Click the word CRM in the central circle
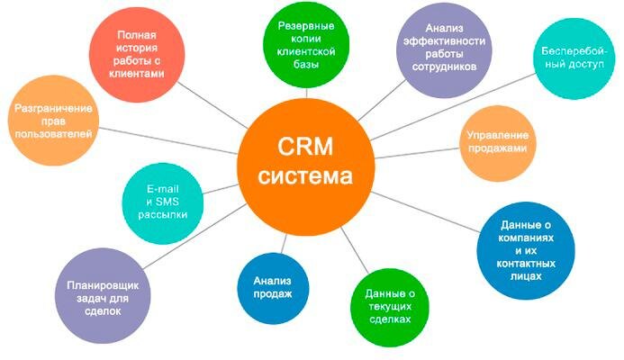tap(305, 145)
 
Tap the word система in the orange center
tap(305, 175)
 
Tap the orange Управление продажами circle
tap(497, 141)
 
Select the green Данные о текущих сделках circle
tap(390, 306)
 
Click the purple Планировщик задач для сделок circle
tap(100, 296)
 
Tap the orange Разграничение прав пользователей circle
tap(54, 121)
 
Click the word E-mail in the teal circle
tap(164, 188)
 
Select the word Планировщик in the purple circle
tap(100, 283)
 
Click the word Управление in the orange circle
tap(497, 135)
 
